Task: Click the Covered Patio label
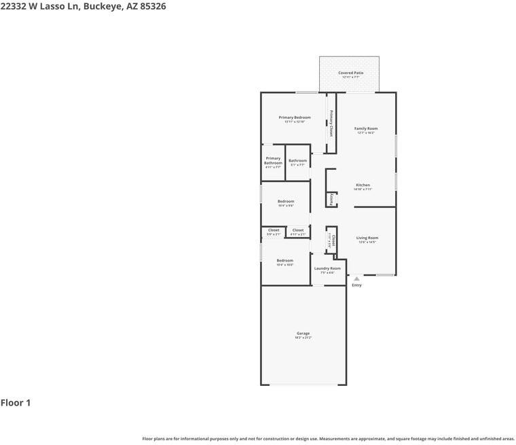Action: click(x=350, y=73)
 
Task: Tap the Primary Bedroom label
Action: click(x=295, y=118)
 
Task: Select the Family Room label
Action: click(x=366, y=128)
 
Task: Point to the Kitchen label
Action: click(x=363, y=185)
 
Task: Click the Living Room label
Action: click(x=367, y=238)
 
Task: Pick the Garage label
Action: click(x=303, y=333)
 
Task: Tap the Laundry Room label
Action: click(x=327, y=268)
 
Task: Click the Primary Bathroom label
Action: click(x=273, y=160)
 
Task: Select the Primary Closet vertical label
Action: click(x=331, y=122)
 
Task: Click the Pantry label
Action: click(x=331, y=200)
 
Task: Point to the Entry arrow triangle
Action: click(x=356, y=279)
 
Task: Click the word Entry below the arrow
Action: click(x=356, y=285)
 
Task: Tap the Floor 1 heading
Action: click(x=16, y=403)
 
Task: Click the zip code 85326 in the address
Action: click(x=152, y=6)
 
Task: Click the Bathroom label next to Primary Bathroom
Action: click(x=297, y=161)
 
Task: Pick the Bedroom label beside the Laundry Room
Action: click(x=285, y=260)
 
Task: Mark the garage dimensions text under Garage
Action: click(x=303, y=338)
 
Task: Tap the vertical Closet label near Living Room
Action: click(x=333, y=239)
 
